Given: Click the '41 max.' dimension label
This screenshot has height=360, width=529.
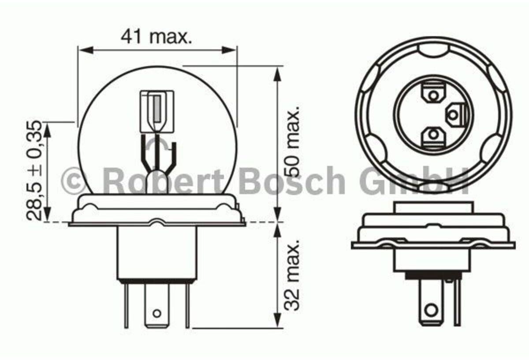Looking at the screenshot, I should [x=156, y=37].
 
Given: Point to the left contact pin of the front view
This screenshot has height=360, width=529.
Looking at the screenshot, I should [x=127, y=304].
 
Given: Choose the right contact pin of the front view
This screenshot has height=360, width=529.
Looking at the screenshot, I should [x=187, y=304].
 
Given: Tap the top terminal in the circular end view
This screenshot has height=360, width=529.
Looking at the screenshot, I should [x=433, y=94].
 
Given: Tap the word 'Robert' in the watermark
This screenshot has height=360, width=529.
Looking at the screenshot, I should [x=165, y=181].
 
